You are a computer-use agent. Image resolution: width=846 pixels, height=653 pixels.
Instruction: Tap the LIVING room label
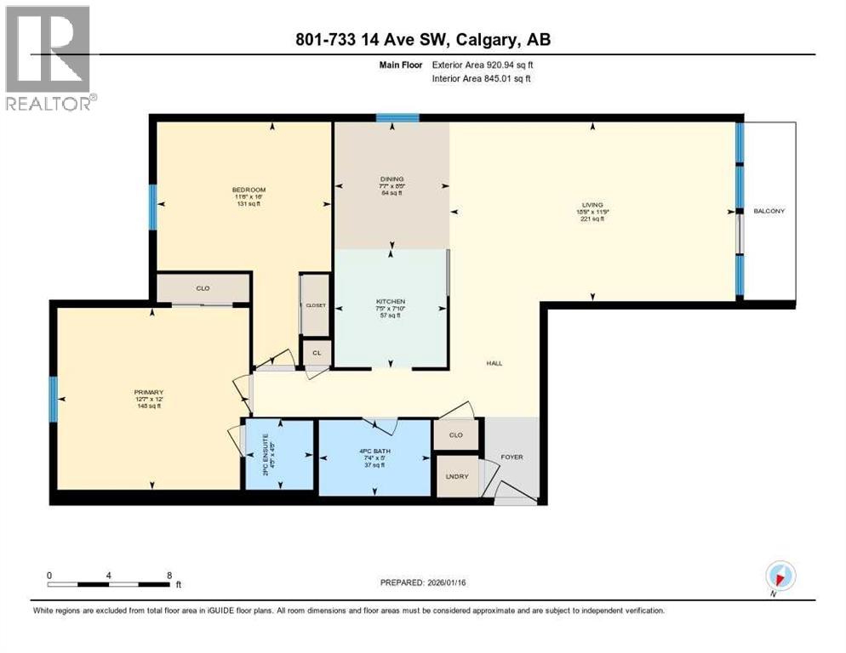[x=592, y=205]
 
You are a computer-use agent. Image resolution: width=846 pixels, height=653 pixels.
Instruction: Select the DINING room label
[x=392, y=179]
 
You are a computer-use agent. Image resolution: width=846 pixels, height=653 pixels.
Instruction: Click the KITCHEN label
[x=391, y=302]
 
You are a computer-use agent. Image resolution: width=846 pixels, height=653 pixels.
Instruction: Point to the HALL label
[x=494, y=363]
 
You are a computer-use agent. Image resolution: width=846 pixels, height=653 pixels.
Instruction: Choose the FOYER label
[x=512, y=457]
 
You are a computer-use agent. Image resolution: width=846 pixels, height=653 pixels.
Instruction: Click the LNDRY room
[x=456, y=476]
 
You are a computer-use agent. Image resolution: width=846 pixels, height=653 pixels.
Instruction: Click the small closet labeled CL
[x=316, y=351]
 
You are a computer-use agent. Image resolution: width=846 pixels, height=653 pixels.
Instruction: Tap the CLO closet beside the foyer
[x=455, y=434]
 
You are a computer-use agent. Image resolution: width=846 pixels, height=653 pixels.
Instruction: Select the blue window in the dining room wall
[x=397, y=118]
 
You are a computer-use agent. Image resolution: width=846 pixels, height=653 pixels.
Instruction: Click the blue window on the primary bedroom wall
[x=53, y=400]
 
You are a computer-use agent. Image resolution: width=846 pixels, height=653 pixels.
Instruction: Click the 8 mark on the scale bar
[x=169, y=575]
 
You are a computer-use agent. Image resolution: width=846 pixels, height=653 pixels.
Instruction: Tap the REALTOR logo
[x=49, y=58]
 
